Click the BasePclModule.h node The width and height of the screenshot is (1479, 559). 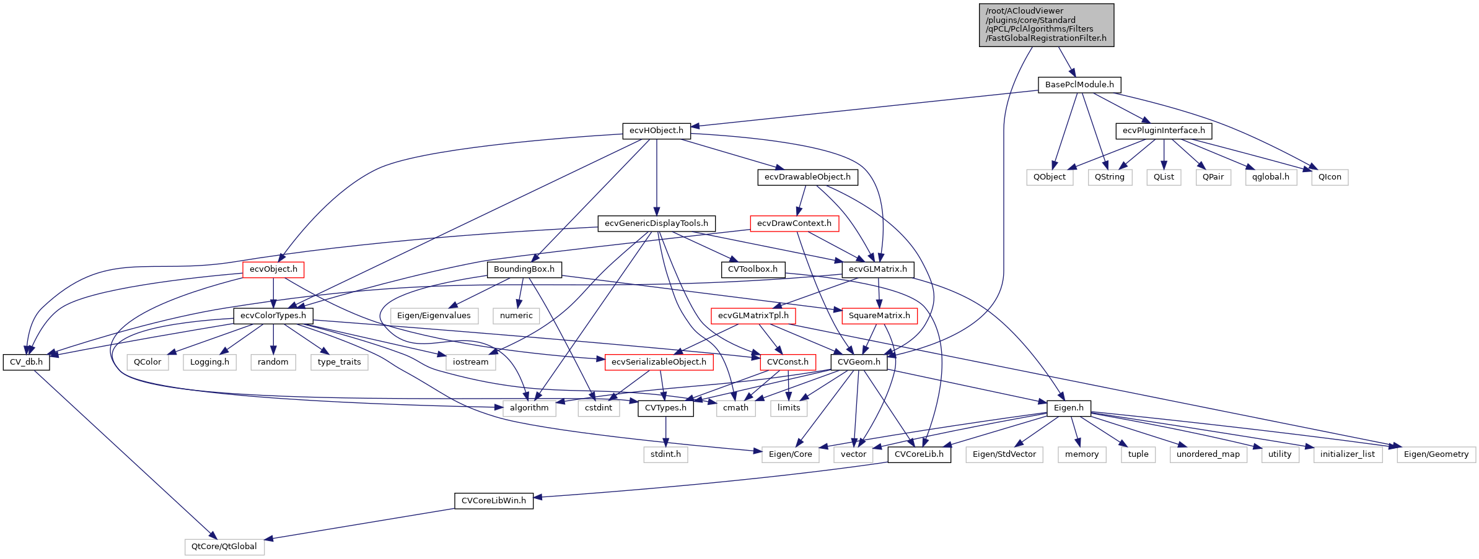[x=1079, y=85]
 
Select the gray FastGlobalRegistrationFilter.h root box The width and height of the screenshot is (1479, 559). [x=1046, y=25]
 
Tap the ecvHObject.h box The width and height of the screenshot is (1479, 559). [x=656, y=131]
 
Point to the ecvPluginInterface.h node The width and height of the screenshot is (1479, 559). [x=1163, y=131]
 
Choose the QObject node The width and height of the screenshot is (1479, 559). [x=1049, y=177]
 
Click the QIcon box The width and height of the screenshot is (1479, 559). [x=1329, y=177]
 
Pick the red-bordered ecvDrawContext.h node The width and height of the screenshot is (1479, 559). [x=794, y=223]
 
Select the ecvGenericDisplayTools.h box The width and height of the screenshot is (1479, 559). [x=656, y=223]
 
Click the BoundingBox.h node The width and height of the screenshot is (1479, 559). [x=524, y=269]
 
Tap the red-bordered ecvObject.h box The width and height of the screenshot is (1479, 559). [x=273, y=269]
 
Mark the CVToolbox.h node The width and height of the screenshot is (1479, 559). [x=752, y=269]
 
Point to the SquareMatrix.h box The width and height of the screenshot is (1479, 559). [x=879, y=316]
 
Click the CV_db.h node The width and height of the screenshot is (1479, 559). [x=26, y=362]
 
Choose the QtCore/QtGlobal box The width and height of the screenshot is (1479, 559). [x=224, y=547]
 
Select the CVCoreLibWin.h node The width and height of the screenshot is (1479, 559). [x=493, y=501]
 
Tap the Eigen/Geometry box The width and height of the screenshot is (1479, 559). [x=1436, y=454]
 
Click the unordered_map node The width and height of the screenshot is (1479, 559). [x=1208, y=454]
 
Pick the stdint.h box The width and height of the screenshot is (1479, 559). [x=665, y=454]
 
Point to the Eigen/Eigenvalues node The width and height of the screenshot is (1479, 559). [x=433, y=316]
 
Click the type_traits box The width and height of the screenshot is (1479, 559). [x=339, y=362]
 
